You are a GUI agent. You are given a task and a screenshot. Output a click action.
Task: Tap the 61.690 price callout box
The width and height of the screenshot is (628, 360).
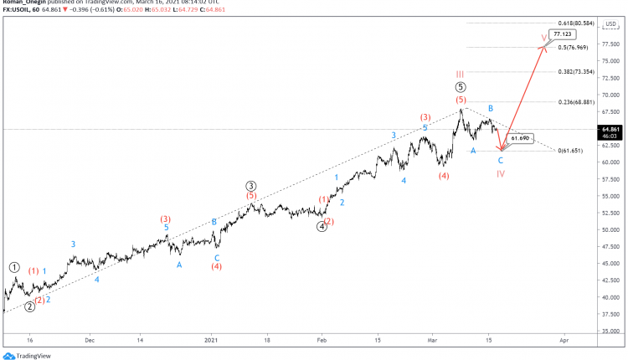pyautogui.click(x=520, y=138)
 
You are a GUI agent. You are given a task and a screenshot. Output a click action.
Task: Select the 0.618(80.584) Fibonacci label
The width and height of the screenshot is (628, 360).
pyautogui.click(x=575, y=23)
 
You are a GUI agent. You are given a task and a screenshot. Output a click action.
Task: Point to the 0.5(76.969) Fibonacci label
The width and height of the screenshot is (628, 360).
pyautogui.click(x=575, y=48)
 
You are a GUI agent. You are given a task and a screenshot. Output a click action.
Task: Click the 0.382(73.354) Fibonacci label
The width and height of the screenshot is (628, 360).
pyautogui.click(x=575, y=72)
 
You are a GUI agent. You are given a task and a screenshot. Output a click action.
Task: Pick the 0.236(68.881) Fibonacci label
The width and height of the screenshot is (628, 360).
pyautogui.click(x=575, y=102)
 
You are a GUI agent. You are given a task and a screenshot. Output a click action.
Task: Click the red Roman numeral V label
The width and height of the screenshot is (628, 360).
pyautogui.click(x=545, y=38)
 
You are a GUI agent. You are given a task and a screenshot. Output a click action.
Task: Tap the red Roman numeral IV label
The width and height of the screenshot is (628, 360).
pyautogui.click(x=500, y=174)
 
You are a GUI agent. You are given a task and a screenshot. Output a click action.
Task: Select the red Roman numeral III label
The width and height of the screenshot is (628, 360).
pyautogui.click(x=461, y=74)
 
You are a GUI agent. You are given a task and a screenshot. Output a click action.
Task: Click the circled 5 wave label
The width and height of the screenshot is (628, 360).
pyautogui.click(x=461, y=87)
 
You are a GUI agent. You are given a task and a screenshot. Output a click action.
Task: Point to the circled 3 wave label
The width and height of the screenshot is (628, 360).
pyautogui.click(x=250, y=185)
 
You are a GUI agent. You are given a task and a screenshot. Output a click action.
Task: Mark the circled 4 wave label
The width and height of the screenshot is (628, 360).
pyautogui.click(x=322, y=226)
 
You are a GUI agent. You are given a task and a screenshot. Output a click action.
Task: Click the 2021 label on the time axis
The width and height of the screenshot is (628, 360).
pyautogui.click(x=210, y=341)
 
